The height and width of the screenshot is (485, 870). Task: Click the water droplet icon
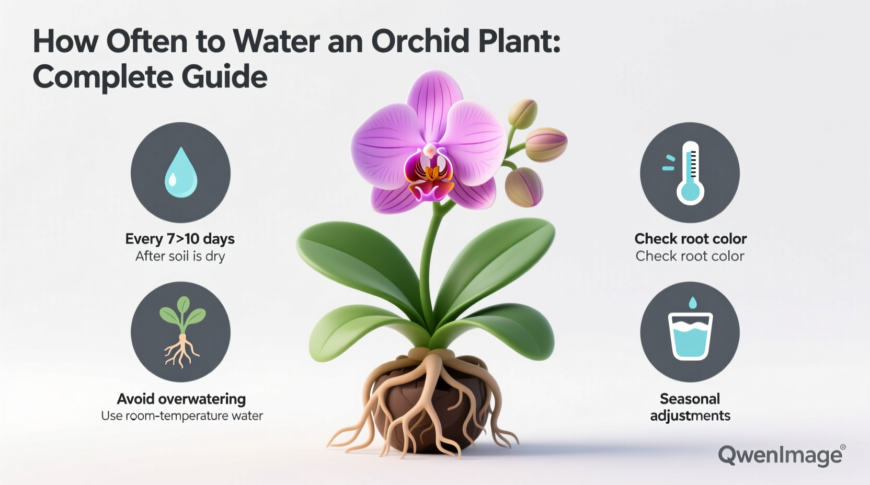pos(180,172)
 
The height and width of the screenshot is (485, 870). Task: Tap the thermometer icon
pos(690,172)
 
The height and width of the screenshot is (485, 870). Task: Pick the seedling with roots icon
pos(181,332)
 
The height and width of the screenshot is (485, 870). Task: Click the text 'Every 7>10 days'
pos(180,239)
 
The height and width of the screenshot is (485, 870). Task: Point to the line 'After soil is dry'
pos(180,256)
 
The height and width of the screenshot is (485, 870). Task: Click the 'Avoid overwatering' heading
pos(181,399)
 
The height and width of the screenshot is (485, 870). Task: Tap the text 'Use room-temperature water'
pos(181,416)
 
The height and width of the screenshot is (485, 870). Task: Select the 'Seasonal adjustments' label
pos(690,407)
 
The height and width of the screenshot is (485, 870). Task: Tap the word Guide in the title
pos(225,77)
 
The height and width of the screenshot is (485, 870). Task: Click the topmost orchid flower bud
pos(523,113)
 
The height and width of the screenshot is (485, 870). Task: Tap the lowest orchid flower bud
pos(524,187)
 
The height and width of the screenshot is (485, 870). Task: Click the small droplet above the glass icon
pos(693,303)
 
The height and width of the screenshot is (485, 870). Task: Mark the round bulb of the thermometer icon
pos(690,191)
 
